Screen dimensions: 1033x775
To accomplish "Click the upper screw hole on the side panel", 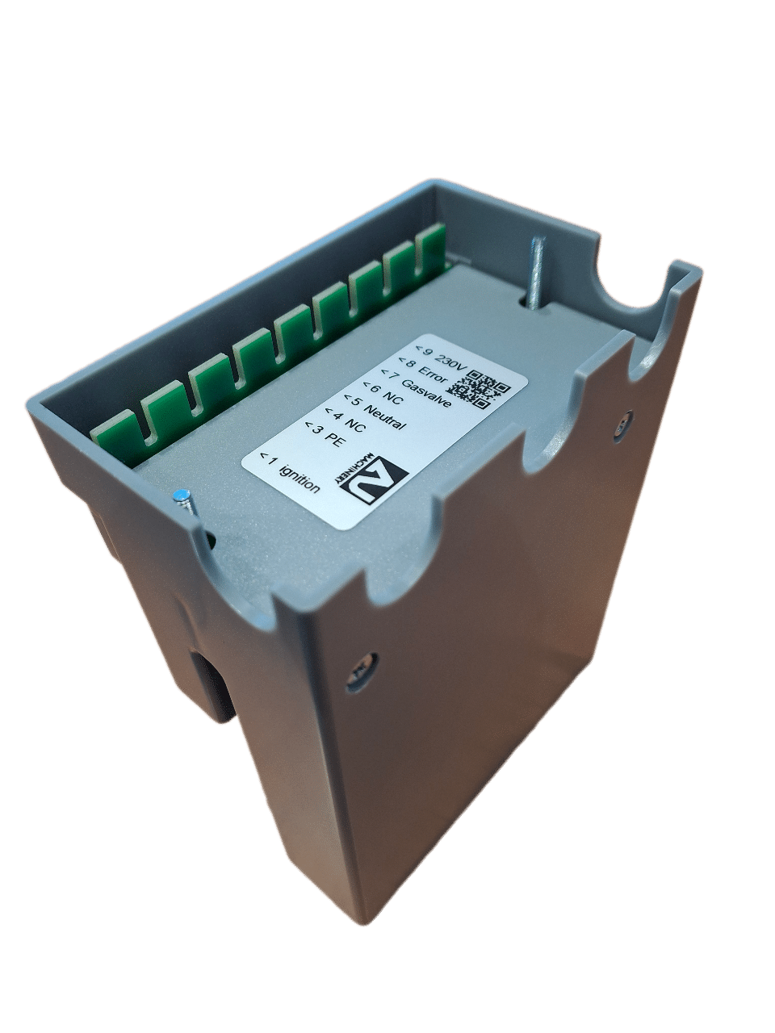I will click(x=622, y=420).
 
